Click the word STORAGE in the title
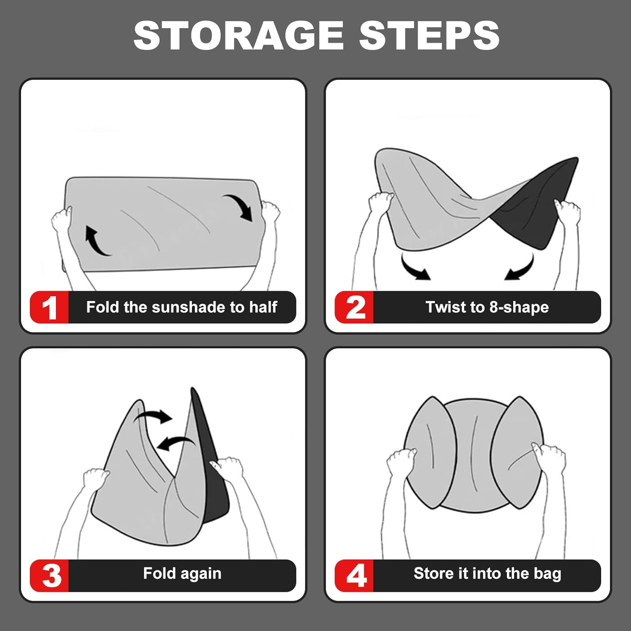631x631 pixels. (x=239, y=35)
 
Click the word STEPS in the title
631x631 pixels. (x=429, y=35)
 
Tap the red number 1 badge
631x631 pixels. (x=49, y=307)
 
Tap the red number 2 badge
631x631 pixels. (x=354, y=307)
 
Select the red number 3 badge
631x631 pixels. (x=49, y=575)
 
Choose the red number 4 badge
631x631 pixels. (x=354, y=575)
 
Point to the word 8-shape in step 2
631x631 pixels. (x=519, y=308)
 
